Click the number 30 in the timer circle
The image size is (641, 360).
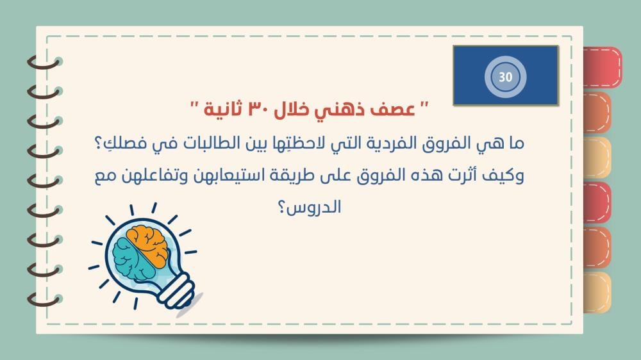[x=505, y=77]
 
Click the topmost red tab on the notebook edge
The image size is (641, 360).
[x=603, y=67]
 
